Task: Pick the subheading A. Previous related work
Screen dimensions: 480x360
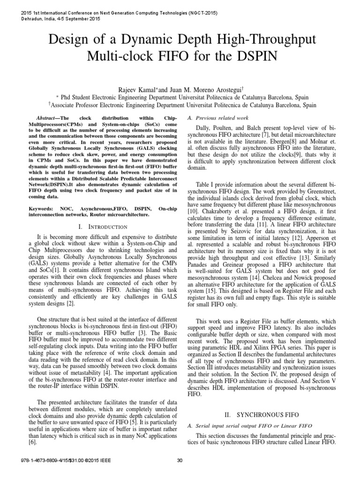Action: tap(217, 117)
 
